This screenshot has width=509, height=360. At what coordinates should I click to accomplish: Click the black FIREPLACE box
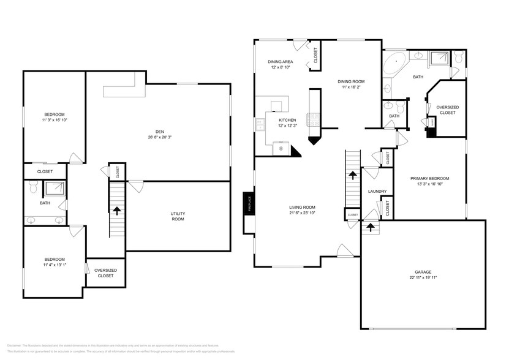pyautogui.click(x=249, y=203)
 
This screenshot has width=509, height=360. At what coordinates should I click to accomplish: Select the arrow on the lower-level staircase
pyautogui.click(x=116, y=210)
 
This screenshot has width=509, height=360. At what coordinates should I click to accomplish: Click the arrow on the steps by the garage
pyautogui.click(x=370, y=228)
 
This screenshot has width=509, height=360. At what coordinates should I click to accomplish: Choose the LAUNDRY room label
pyautogui.click(x=377, y=192)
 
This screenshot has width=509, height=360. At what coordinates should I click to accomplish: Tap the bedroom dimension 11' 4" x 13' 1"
pyautogui.click(x=54, y=265)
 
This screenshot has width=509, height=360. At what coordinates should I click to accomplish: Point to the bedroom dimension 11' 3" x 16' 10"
pyautogui.click(x=54, y=121)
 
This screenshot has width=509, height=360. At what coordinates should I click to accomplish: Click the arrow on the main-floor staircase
pyautogui.click(x=353, y=175)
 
